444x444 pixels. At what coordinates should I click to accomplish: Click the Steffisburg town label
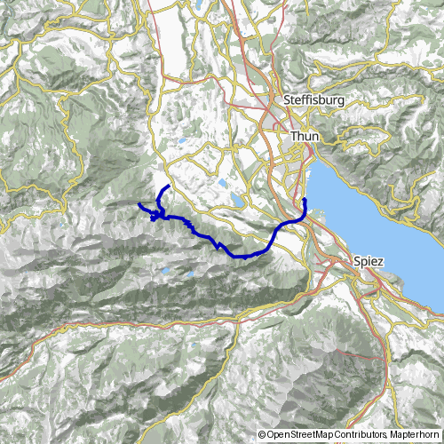click(312, 101)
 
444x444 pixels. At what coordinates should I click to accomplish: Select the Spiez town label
click(369, 262)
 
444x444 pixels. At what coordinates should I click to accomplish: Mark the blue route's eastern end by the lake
click(305, 200)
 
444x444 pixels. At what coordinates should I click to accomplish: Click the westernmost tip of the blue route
click(139, 205)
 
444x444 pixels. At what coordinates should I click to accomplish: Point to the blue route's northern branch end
click(169, 186)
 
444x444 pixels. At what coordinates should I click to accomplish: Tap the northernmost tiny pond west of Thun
click(182, 140)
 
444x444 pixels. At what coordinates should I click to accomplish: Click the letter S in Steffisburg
click(286, 101)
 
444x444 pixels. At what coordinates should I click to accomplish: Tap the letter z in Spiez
click(382, 262)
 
